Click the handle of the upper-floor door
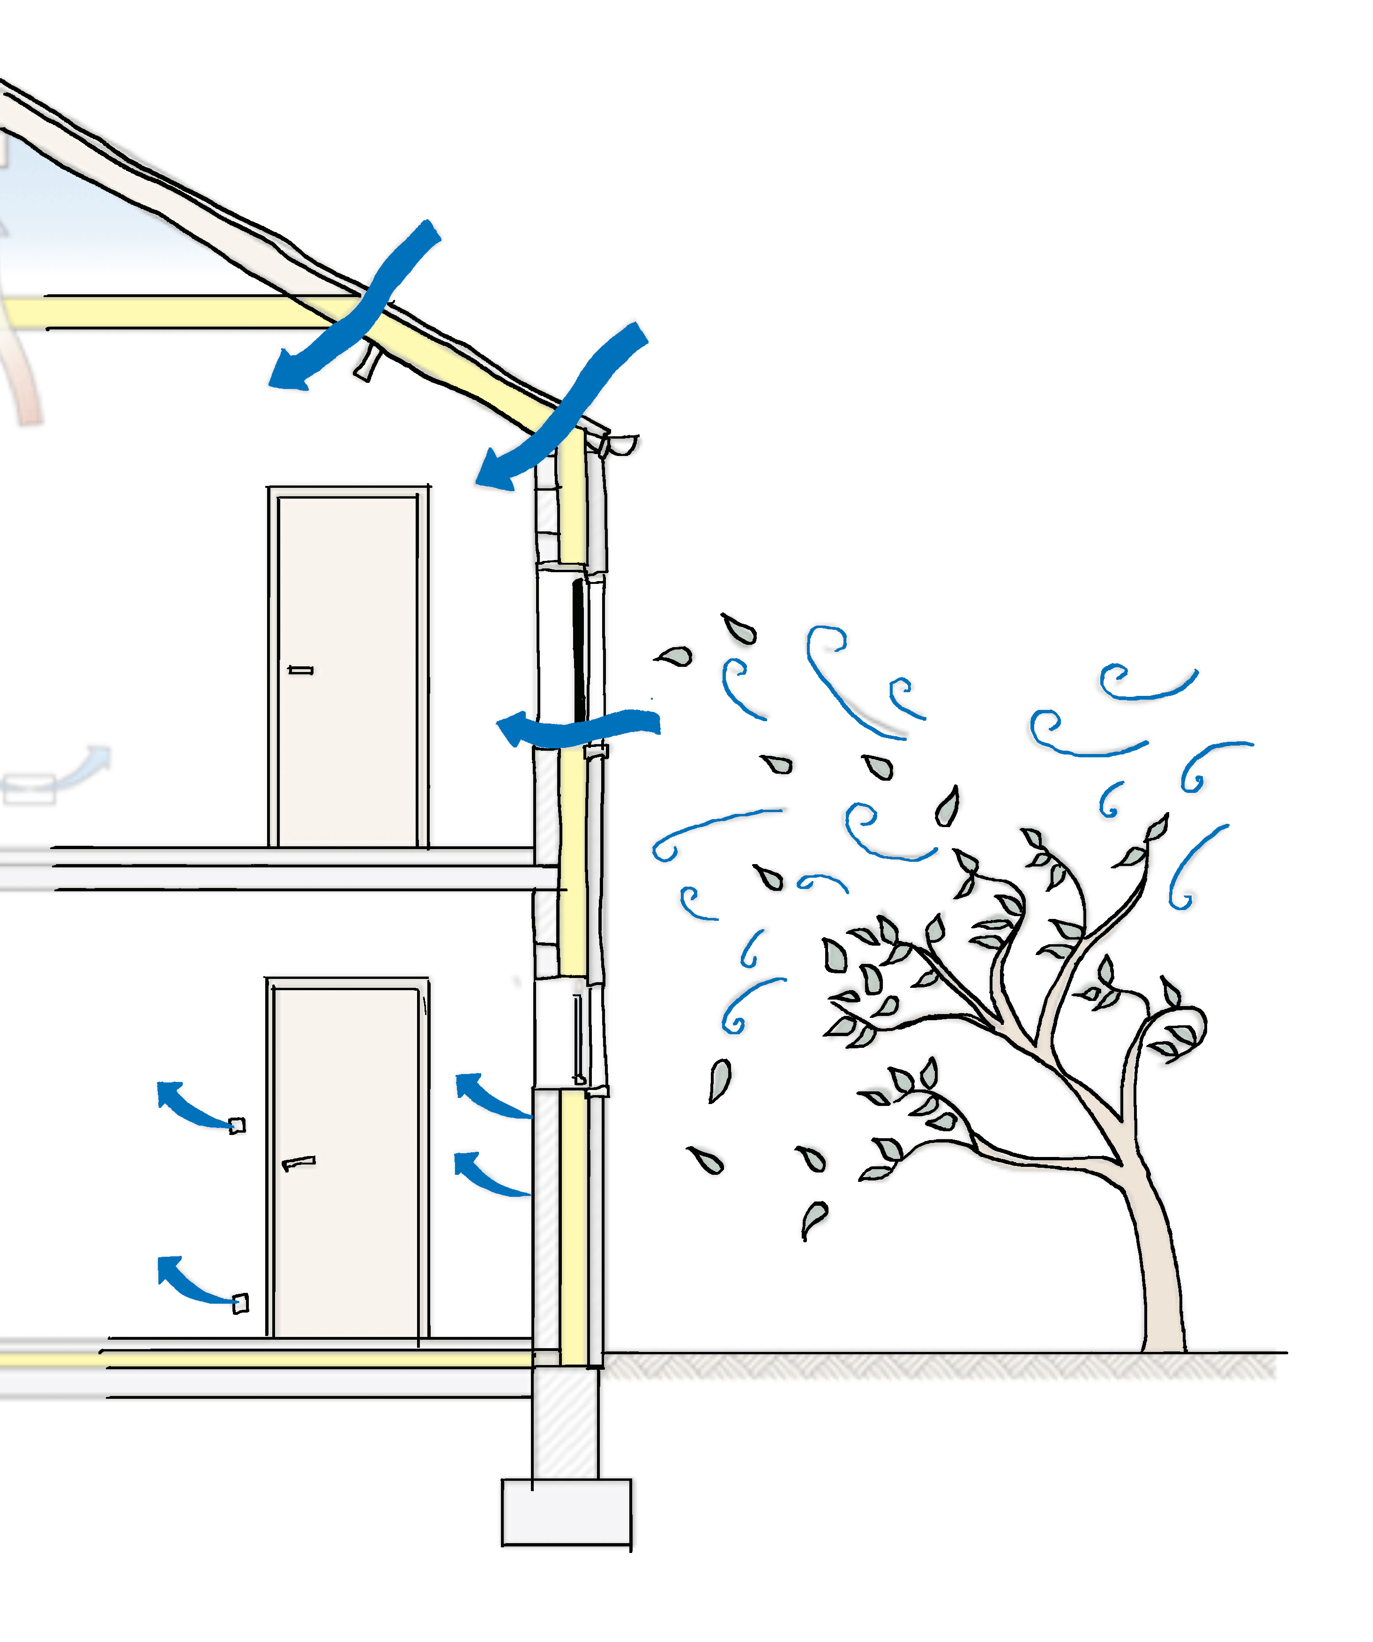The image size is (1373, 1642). pos(301,670)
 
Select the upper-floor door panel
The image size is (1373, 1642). pos(348,672)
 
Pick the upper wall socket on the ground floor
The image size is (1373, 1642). pos(237,1125)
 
